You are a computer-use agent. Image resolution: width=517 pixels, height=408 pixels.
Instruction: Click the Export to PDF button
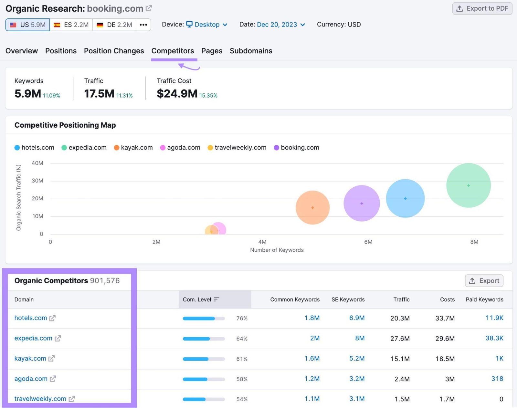pos(482,9)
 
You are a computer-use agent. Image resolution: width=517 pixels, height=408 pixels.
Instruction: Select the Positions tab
pos(61,51)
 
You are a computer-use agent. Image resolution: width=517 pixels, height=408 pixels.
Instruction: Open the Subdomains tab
pos(251,51)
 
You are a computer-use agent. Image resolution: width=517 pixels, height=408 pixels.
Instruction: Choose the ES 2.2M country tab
pos(71,25)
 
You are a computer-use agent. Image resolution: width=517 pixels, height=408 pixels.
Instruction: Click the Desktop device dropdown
pos(207,25)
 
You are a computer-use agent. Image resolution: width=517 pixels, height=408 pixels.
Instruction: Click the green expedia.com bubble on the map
pos(468,185)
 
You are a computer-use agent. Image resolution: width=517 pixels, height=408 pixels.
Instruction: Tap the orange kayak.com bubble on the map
pos(312,207)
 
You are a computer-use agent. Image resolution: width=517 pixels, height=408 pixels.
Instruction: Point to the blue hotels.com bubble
pos(405,198)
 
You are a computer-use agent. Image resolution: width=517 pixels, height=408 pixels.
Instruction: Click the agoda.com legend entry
pos(180,148)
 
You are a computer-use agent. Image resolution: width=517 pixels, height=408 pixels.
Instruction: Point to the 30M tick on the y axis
pos(37,181)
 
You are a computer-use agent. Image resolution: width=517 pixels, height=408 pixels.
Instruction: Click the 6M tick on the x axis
pos(368,242)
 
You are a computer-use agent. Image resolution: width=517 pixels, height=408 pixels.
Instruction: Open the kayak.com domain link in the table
pos(30,358)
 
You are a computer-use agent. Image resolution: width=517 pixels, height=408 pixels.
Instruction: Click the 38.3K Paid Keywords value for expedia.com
pos(494,338)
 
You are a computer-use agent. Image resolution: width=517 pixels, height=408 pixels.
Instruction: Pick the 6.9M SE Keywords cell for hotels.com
pos(357,318)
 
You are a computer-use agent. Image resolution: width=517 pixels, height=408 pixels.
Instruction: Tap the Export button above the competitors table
pos(484,281)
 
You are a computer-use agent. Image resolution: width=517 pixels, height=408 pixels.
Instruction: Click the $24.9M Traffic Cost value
pos(177,94)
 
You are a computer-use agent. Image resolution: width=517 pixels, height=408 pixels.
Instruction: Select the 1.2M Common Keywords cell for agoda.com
pos(312,379)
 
